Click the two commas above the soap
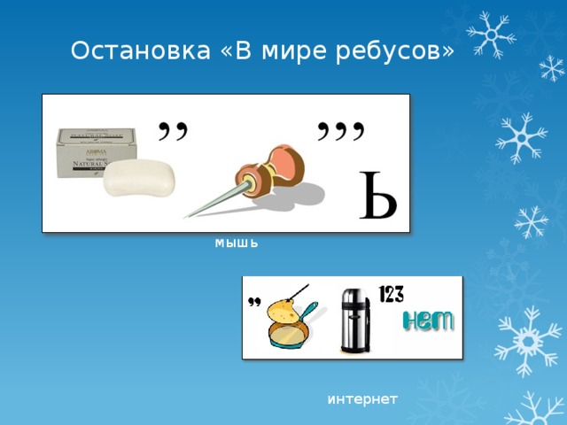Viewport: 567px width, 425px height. pos(173,130)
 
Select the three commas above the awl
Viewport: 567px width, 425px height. pos(341,132)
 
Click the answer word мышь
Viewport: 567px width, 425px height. pos(237,242)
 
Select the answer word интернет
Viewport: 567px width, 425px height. pos(362,399)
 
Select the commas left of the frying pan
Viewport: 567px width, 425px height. pos(253,302)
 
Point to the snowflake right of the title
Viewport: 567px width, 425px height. pos(491,35)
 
